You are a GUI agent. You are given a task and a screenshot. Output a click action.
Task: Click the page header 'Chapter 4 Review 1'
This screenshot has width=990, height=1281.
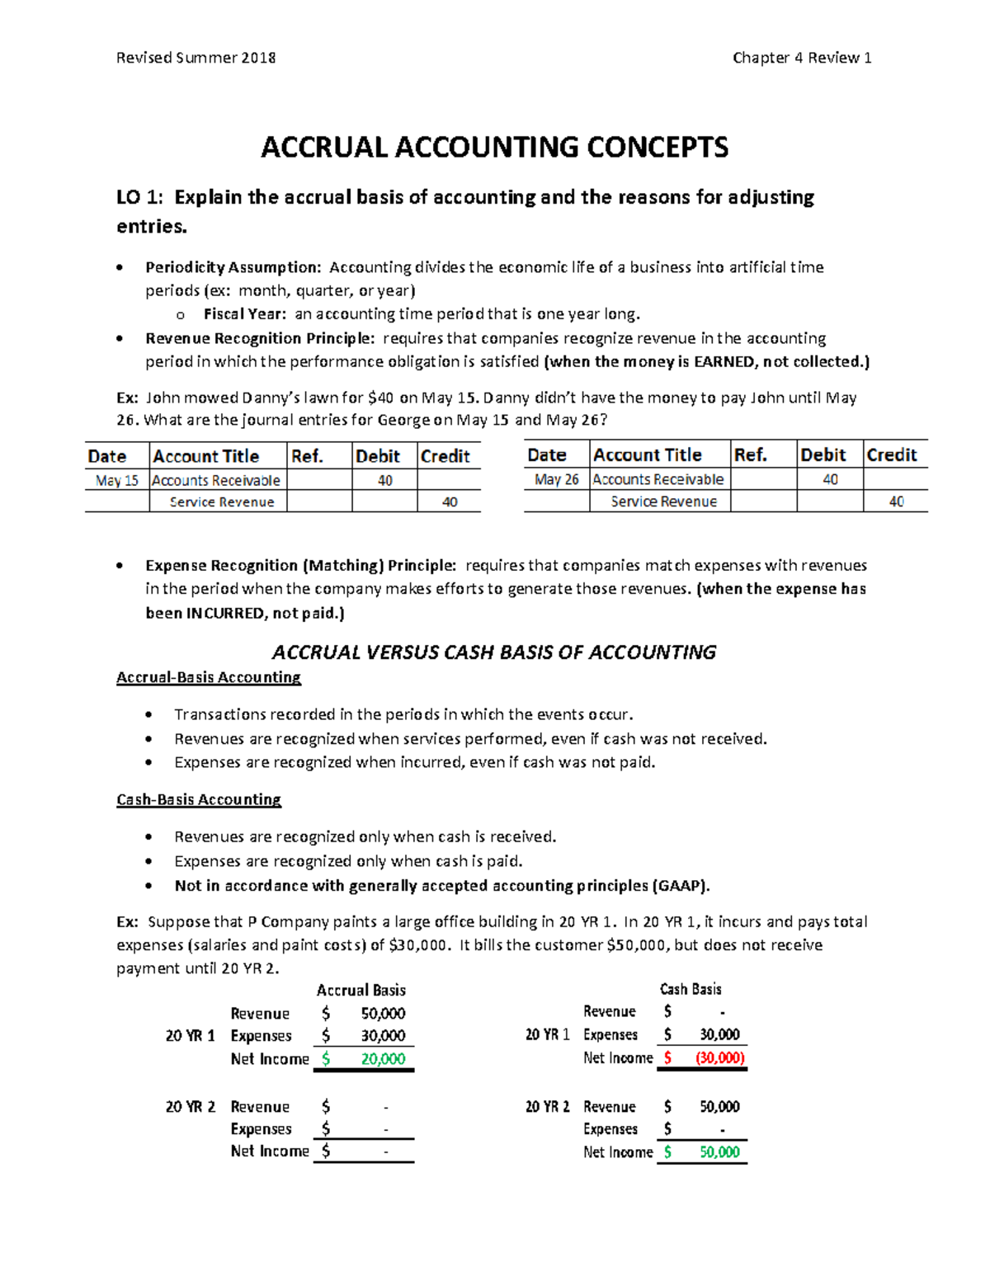tap(801, 58)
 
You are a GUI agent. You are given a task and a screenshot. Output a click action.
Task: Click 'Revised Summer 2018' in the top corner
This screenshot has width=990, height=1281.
tap(196, 58)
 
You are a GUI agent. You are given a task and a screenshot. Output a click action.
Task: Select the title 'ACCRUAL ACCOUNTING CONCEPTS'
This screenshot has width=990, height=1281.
tap(494, 147)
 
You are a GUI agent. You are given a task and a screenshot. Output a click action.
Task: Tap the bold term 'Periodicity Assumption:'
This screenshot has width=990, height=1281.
tap(233, 267)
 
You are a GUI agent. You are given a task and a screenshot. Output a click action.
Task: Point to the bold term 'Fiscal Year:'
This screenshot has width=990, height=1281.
tap(245, 314)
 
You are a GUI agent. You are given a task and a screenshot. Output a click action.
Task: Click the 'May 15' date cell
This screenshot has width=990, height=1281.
tap(117, 480)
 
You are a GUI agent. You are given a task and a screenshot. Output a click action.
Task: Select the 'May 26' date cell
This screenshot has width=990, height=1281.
tap(556, 479)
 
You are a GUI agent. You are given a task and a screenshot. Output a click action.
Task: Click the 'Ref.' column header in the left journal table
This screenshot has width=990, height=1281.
tap(307, 456)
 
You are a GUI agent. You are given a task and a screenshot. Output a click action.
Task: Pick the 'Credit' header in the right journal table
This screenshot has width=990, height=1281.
tap(891, 455)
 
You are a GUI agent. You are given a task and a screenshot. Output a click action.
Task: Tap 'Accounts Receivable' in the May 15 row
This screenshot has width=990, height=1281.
tap(216, 480)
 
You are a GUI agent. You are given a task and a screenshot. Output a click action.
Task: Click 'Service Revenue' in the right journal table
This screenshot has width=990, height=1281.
tap(663, 502)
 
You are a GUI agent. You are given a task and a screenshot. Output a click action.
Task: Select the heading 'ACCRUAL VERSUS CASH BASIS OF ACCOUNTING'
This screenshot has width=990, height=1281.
tap(493, 652)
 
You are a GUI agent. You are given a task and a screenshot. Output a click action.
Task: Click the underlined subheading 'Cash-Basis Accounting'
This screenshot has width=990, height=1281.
tap(199, 799)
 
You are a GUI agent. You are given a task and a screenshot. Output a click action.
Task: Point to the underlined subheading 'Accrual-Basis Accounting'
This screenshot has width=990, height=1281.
tap(209, 677)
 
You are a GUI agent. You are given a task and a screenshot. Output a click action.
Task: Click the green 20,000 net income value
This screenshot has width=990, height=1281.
tap(383, 1059)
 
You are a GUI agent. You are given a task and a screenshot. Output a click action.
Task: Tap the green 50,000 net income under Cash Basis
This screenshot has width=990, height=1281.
tap(719, 1152)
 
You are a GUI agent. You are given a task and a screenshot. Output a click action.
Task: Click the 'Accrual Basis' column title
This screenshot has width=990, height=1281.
tap(361, 990)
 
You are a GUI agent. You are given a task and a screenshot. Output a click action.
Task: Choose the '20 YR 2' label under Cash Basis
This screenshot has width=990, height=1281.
tap(547, 1107)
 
